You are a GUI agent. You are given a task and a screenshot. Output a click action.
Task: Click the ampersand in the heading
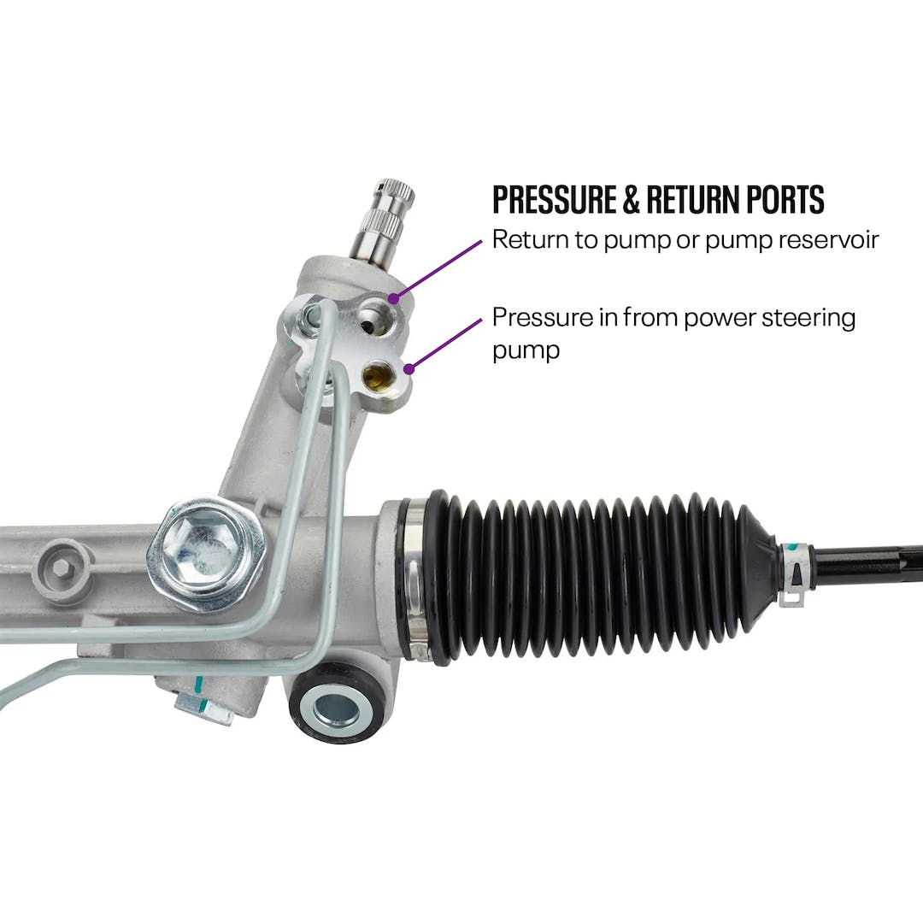click(x=631, y=199)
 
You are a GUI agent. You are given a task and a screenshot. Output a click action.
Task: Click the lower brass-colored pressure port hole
click(x=376, y=374)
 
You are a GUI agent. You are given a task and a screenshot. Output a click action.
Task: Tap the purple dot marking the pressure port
click(x=409, y=369)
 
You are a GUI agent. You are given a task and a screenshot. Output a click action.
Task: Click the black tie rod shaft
click(x=863, y=565)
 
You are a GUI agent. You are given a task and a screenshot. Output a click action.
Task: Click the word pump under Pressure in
click(x=526, y=350)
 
